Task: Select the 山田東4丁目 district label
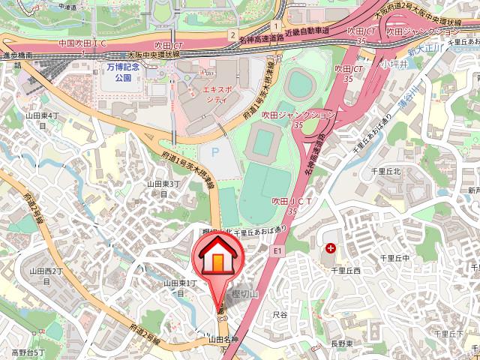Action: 42,121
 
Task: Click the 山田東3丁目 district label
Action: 163,188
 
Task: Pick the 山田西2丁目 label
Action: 44,275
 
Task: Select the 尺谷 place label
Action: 280,316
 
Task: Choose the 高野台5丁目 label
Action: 28,352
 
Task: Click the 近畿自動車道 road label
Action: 307,30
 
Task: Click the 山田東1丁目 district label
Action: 180,287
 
